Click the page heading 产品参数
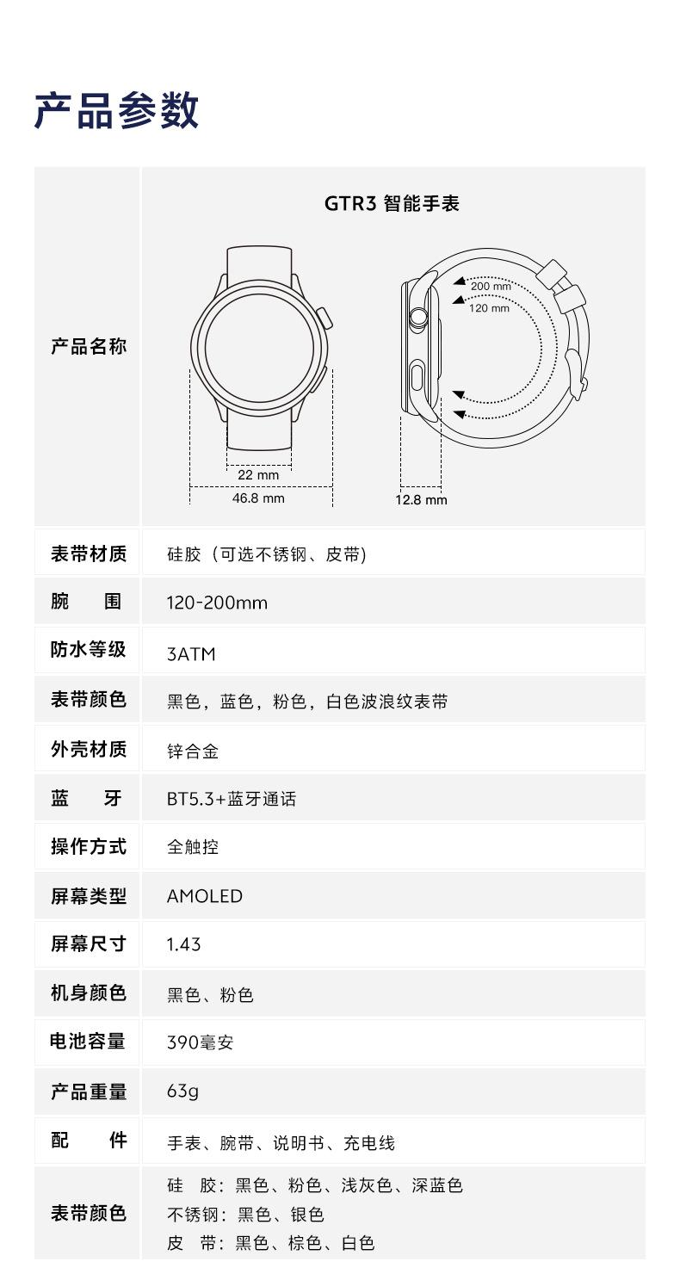pyautogui.click(x=116, y=111)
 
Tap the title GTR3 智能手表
pyautogui.click(x=392, y=204)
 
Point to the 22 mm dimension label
pyautogui.click(x=258, y=475)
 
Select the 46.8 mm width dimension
pyautogui.click(x=258, y=498)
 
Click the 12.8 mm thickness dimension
pyautogui.click(x=421, y=500)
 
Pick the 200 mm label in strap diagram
pyautogui.click(x=491, y=287)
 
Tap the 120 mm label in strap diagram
pyautogui.click(x=489, y=308)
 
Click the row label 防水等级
pyautogui.click(x=88, y=650)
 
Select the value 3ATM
pyautogui.click(x=191, y=654)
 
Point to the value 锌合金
pyautogui.click(x=193, y=751)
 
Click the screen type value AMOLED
pyautogui.click(x=205, y=896)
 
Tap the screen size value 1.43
pyautogui.click(x=183, y=944)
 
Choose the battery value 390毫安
pyautogui.click(x=200, y=1043)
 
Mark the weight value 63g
pyautogui.click(x=182, y=1092)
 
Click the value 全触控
pyautogui.click(x=193, y=847)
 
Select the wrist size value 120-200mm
pyautogui.click(x=217, y=603)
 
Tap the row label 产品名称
pyautogui.click(x=88, y=347)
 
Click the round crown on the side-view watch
pyautogui.click(x=418, y=317)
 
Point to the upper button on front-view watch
pyautogui.click(x=325, y=317)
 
